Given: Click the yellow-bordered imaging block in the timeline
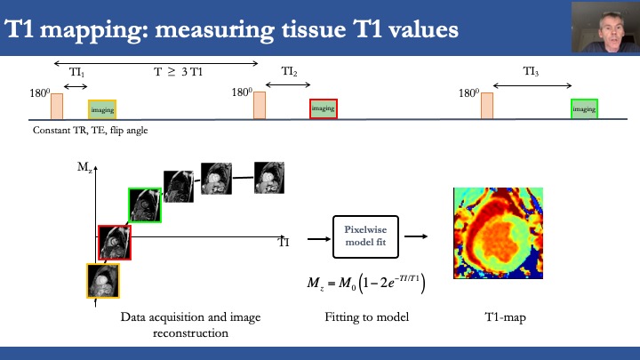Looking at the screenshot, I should click(x=102, y=109).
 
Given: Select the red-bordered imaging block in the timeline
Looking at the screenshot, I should click(x=324, y=108).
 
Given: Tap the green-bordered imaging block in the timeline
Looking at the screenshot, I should click(x=584, y=108).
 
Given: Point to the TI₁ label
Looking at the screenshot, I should click(x=77, y=76).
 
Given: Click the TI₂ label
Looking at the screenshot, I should click(x=289, y=70).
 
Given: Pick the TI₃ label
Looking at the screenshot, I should click(x=532, y=70).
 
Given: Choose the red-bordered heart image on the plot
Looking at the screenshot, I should click(x=115, y=242).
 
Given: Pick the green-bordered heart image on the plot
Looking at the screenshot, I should click(x=144, y=205).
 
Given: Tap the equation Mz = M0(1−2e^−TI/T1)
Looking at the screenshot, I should click(x=364, y=284).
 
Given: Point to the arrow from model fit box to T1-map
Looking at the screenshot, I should click(x=417, y=236).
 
